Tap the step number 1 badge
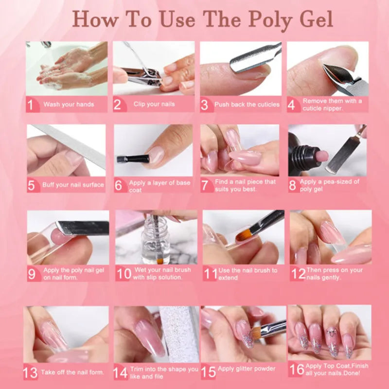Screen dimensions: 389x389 pos(32,105)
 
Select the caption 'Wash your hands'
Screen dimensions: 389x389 pos(69,104)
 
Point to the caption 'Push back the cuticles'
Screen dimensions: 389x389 pos(247,104)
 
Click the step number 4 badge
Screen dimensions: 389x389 pos(293,105)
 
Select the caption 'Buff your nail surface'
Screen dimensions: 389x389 pos(73,185)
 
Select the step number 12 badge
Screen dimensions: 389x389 pos(298,274)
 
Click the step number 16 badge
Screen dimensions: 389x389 pos(297,369)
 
